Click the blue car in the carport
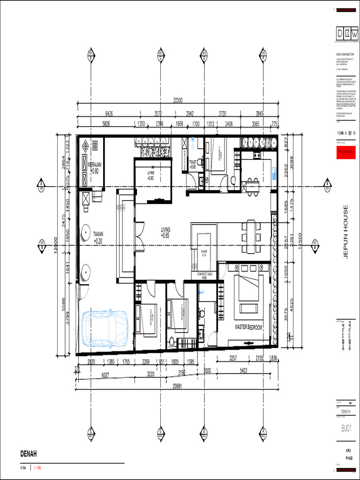105,328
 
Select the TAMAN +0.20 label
97,237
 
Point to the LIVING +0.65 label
165,232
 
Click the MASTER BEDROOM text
248,327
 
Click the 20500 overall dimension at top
178,100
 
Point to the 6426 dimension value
109,113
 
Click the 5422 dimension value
244,370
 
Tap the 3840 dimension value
259,113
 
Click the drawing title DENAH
28,453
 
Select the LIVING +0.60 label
150,175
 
